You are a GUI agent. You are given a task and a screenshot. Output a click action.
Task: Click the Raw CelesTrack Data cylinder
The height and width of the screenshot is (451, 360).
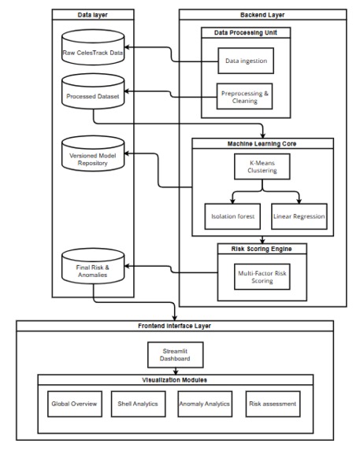[x=93, y=47]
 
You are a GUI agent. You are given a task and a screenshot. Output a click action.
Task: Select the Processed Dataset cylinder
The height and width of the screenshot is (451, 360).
[x=93, y=91]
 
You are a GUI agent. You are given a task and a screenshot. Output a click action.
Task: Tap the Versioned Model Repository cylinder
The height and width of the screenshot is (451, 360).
[x=93, y=153]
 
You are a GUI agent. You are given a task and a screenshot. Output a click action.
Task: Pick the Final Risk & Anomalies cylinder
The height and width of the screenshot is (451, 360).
[x=93, y=266]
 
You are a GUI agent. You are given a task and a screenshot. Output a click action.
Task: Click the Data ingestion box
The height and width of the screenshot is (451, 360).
[x=246, y=61]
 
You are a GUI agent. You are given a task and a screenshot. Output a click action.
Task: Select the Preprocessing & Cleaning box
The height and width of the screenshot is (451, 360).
[x=244, y=96]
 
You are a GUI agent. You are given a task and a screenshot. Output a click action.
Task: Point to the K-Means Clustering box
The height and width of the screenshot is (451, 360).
[x=262, y=167]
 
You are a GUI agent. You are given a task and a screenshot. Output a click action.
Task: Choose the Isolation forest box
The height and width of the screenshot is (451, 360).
[x=232, y=216]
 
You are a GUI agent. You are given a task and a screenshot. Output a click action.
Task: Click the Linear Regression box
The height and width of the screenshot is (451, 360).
[x=299, y=216]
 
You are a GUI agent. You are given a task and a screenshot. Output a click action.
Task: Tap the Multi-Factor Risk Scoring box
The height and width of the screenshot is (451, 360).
[x=262, y=277]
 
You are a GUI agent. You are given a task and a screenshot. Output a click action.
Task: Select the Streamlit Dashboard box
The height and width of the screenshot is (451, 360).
[x=176, y=355]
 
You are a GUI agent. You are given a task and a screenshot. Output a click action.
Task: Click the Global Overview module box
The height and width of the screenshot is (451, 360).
[x=75, y=404]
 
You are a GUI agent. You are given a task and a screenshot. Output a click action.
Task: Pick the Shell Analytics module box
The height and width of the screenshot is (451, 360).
[x=139, y=404]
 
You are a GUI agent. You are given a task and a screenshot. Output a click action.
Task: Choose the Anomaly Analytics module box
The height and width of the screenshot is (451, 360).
[x=205, y=404]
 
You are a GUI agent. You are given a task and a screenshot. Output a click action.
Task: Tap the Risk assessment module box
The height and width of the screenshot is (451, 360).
[x=273, y=404]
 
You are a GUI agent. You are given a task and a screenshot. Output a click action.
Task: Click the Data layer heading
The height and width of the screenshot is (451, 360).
[x=93, y=15]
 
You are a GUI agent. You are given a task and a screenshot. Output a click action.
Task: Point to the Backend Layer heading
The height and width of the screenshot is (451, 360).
[x=262, y=15]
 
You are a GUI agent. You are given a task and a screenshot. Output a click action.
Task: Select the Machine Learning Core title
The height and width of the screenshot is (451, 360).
[x=262, y=144]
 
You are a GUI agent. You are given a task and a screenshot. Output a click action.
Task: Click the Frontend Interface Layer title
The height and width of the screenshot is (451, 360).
[x=174, y=326]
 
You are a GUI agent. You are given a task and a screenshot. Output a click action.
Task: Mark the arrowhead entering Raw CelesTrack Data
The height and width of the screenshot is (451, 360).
[x=127, y=47]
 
